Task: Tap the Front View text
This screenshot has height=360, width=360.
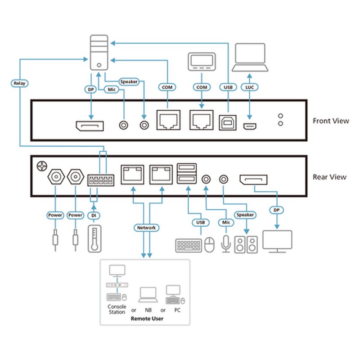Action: tap(330, 121)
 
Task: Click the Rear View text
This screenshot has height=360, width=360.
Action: tap(329, 177)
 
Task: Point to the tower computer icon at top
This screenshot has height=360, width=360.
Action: tap(99, 54)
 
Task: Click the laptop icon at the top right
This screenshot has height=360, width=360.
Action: tap(250, 57)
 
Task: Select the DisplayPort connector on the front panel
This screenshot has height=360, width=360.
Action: tap(89, 126)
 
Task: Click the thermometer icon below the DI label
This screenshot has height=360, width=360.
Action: tap(94, 238)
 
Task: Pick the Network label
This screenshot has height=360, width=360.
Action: tap(146, 228)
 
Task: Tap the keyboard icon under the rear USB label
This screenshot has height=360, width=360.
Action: tap(189, 245)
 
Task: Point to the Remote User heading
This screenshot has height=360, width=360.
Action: tap(147, 318)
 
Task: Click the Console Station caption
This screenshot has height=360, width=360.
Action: tap(117, 309)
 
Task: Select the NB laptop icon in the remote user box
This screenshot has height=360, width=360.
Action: tap(148, 295)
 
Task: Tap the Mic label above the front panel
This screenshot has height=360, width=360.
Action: tap(111, 90)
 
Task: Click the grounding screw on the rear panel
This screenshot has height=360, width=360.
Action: tap(41, 166)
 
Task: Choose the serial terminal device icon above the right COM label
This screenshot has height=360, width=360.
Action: tap(200, 61)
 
